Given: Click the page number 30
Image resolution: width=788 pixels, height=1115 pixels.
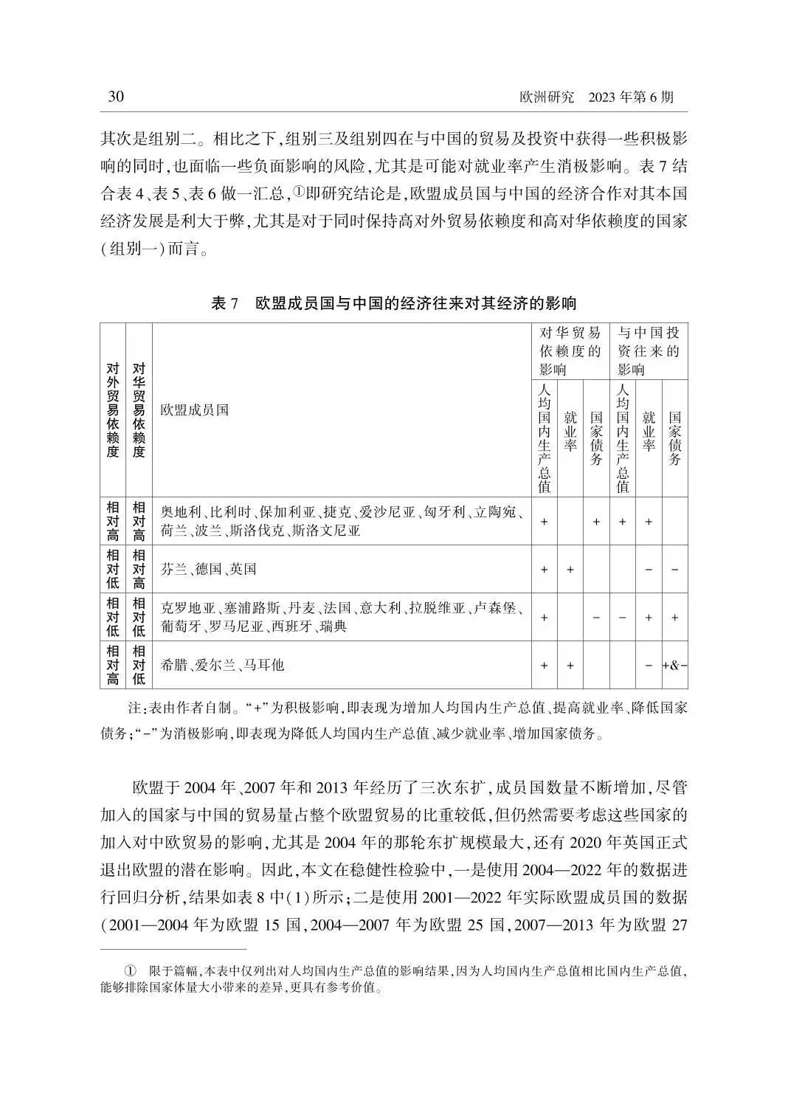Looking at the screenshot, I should pos(116,97).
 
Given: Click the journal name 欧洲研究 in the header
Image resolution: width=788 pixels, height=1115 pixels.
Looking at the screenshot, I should pos(547,97).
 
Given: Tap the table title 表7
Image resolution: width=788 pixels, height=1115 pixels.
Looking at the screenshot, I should pos(226,303).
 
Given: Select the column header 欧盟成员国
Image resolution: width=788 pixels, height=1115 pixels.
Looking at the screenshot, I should pos(195,410).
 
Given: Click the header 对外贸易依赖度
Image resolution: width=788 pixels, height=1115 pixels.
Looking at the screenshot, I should pos(113,410).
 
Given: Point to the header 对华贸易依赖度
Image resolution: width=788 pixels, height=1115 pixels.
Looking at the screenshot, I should pos(139,410).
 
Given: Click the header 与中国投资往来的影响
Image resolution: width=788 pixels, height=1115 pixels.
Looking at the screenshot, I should pos(649,351).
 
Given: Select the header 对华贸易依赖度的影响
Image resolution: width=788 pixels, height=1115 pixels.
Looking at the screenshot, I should pos(570,351).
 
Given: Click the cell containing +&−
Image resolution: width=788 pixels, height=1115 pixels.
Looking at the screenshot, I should pos(674,665).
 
